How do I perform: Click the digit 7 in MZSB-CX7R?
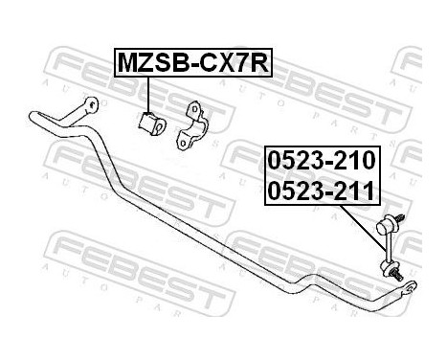244,64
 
